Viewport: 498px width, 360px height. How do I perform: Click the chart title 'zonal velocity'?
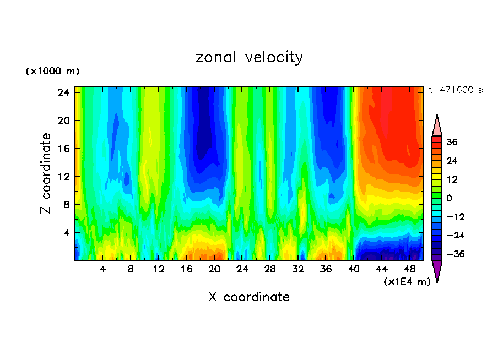[x=249, y=57]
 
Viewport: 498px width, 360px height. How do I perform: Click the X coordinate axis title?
[x=249, y=297]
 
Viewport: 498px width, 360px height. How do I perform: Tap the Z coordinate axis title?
[x=47, y=173]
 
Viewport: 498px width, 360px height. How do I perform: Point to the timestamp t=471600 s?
[x=455, y=90]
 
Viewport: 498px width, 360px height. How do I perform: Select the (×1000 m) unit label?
[x=53, y=72]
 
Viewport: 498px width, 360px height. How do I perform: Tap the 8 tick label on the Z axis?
[x=64, y=205]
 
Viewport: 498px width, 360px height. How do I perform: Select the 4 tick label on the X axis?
[x=102, y=270]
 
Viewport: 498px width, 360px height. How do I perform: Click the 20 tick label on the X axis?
[x=214, y=270]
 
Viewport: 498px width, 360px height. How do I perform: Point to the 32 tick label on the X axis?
[x=298, y=270]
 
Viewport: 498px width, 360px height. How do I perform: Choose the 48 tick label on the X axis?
[x=410, y=270]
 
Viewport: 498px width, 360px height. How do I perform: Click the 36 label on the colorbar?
[x=452, y=142]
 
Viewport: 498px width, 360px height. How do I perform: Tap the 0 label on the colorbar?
[x=449, y=198]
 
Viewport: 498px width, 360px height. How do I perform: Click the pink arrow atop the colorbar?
[x=437, y=125]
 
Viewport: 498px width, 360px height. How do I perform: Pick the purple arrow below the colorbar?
[x=437, y=270]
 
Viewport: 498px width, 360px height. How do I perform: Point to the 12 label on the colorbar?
[x=452, y=179]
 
